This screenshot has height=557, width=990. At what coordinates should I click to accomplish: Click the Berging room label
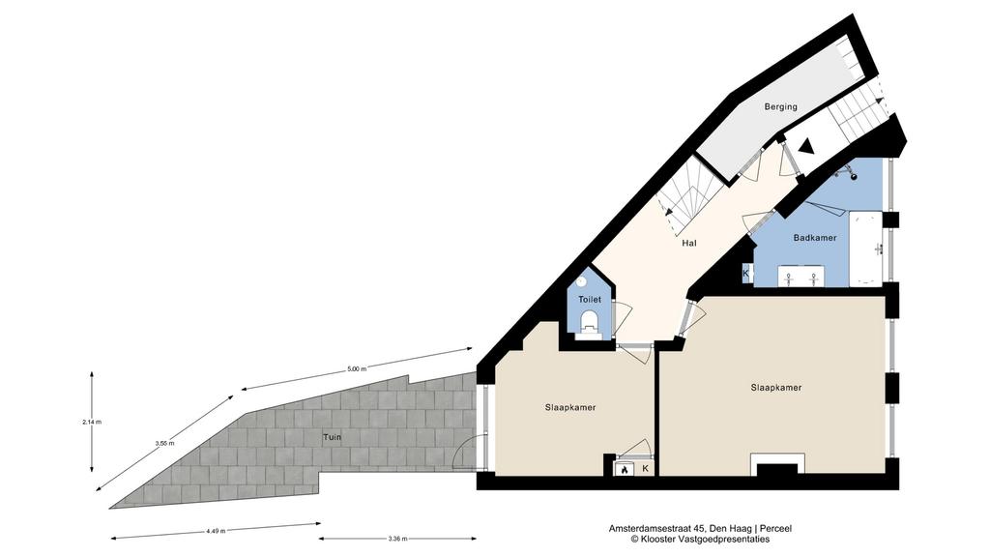780,106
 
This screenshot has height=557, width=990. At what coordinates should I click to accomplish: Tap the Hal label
688,243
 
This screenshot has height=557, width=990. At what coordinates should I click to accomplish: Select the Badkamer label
814,238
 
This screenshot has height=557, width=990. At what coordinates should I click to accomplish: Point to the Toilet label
590,300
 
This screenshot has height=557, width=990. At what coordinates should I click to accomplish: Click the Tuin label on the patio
333,437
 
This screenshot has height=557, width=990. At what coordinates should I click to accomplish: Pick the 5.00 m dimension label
357,369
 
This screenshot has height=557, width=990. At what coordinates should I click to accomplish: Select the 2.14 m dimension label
92,422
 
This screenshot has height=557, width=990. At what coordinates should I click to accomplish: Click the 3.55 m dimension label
164,443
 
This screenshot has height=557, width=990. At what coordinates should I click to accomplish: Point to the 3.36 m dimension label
397,539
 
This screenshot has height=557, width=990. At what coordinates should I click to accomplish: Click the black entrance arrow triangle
806,147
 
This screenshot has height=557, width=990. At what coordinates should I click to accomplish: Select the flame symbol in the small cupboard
625,469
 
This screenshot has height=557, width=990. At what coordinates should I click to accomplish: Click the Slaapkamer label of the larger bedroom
776,387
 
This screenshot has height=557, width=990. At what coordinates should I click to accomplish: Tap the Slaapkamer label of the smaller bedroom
570,407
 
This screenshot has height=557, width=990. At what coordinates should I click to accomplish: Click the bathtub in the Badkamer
865,248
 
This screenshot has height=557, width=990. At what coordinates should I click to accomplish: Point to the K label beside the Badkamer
745,274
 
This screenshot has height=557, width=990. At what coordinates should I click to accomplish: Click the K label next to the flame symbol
645,469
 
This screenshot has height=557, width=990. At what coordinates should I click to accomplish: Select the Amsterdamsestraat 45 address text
657,529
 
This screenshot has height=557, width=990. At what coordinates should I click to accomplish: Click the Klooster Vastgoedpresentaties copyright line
700,540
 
